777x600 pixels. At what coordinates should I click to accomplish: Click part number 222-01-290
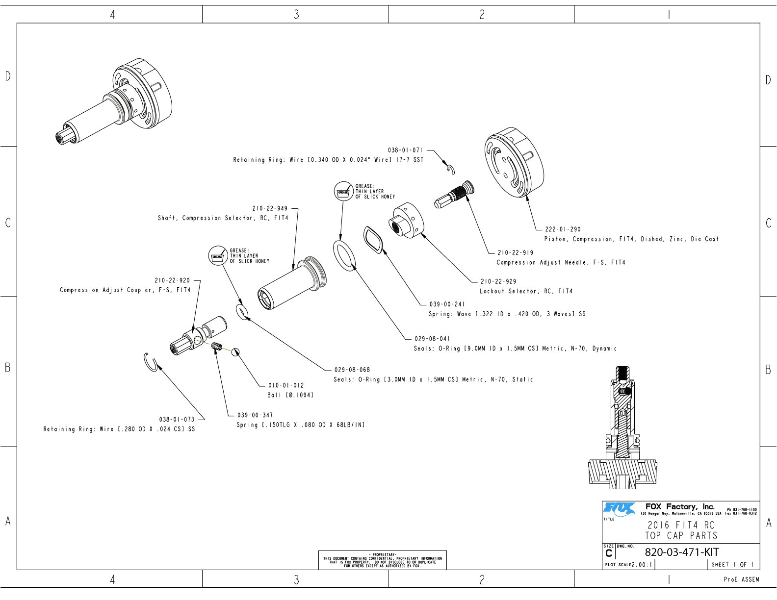tap(563, 229)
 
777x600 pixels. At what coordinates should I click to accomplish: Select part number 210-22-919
tap(515, 253)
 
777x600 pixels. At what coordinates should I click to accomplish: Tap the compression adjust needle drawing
tap(455, 195)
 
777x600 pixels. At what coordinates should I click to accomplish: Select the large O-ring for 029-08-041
tap(345, 255)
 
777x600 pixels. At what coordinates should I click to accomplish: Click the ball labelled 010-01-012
tap(236, 351)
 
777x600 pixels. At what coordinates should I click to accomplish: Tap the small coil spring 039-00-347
tap(217, 346)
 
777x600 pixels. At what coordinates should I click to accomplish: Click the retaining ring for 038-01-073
tap(151, 362)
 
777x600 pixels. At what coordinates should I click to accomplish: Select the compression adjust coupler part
tap(198, 335)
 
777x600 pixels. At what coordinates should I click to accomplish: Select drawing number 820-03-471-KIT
tap(681, 552)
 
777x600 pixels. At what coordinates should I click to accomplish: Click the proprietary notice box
tap(382, 560)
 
